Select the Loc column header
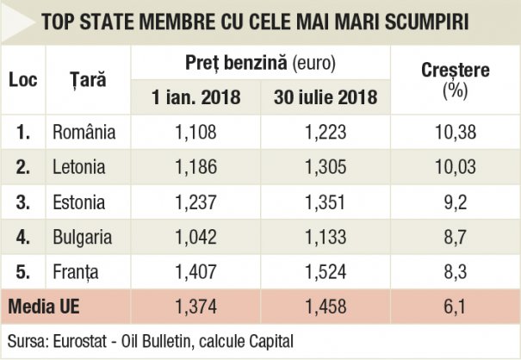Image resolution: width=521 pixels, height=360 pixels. (x=23, y=80)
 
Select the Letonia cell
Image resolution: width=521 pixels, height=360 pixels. (x=79, y=167)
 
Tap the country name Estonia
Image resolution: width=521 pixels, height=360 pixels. (x=79, y=202)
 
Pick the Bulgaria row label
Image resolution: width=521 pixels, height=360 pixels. (x=83, y=237)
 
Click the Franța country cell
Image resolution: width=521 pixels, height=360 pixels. (x=76, y=272)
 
